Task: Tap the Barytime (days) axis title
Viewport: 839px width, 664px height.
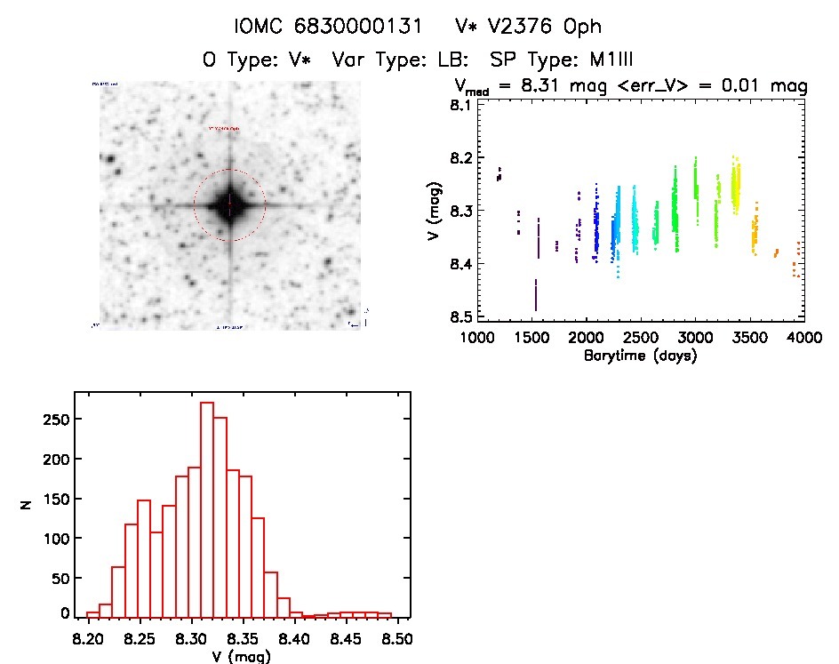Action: [640, 356]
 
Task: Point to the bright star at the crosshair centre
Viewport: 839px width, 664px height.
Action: [229, 205]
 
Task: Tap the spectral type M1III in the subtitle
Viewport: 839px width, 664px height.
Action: [603, 60]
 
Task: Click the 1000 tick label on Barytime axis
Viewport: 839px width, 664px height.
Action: [477, 339]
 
